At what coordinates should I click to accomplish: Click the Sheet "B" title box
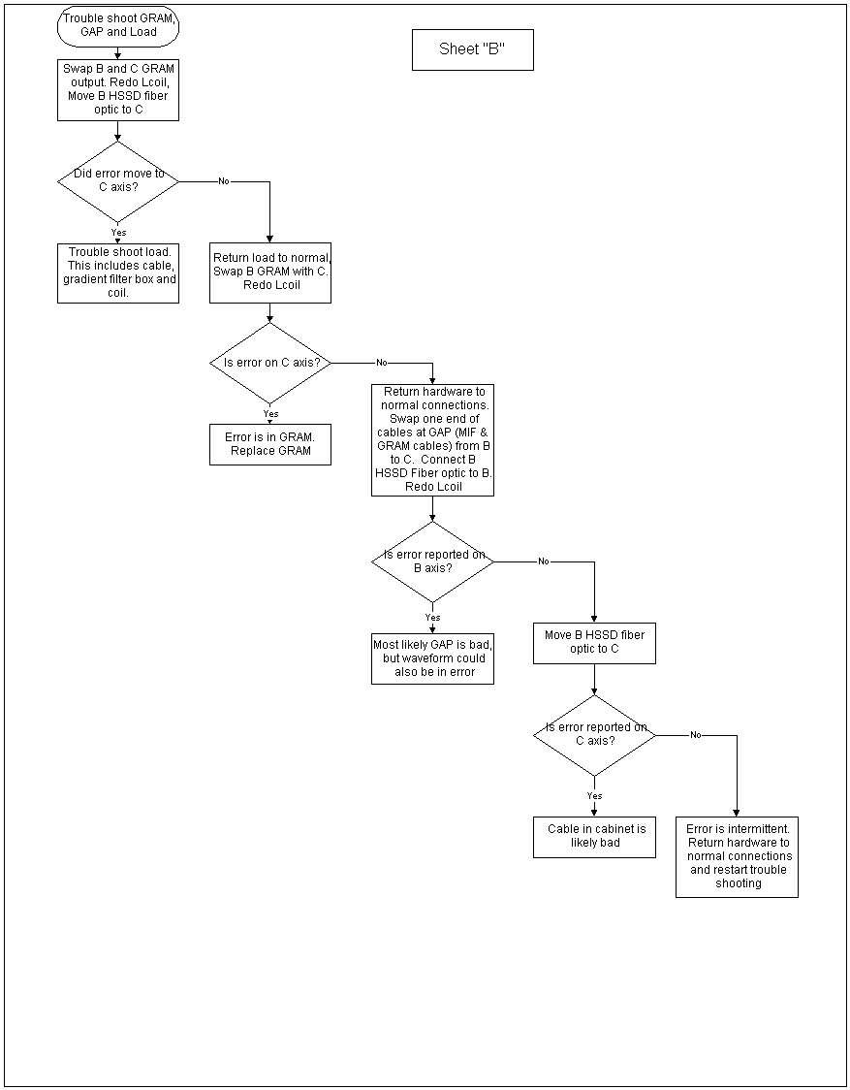[473, 49]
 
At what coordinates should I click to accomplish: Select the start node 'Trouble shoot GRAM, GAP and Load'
[118, 27]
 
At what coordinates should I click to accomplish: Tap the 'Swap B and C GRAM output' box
[118, 89]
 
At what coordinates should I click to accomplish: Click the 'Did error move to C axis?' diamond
[118, 181]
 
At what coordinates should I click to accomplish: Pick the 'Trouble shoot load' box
[118, 272]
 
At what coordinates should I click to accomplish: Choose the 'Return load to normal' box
[270, 272]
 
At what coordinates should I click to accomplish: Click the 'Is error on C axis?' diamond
[270, 363]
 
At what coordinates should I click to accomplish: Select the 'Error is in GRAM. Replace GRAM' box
[270, 444]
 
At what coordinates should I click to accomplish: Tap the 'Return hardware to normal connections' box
[432, 440]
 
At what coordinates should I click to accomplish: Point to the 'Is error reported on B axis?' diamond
[432, 561]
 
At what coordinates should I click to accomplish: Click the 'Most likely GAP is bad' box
[432, 657]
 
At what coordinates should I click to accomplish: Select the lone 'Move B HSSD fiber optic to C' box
[594, 643]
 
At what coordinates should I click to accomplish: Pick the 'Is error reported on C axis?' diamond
[594, 735]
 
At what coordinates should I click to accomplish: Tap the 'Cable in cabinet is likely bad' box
[594, 837]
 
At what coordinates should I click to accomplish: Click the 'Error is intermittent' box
[737, 857]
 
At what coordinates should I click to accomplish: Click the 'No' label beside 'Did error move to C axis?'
[224, 181]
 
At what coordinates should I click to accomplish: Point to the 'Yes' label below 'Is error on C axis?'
[270, 414]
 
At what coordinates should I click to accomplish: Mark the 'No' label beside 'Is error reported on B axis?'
[544, 561]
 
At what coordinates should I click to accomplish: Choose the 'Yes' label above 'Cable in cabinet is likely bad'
[594, 796]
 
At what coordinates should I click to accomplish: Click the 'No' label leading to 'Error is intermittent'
[696, 735]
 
